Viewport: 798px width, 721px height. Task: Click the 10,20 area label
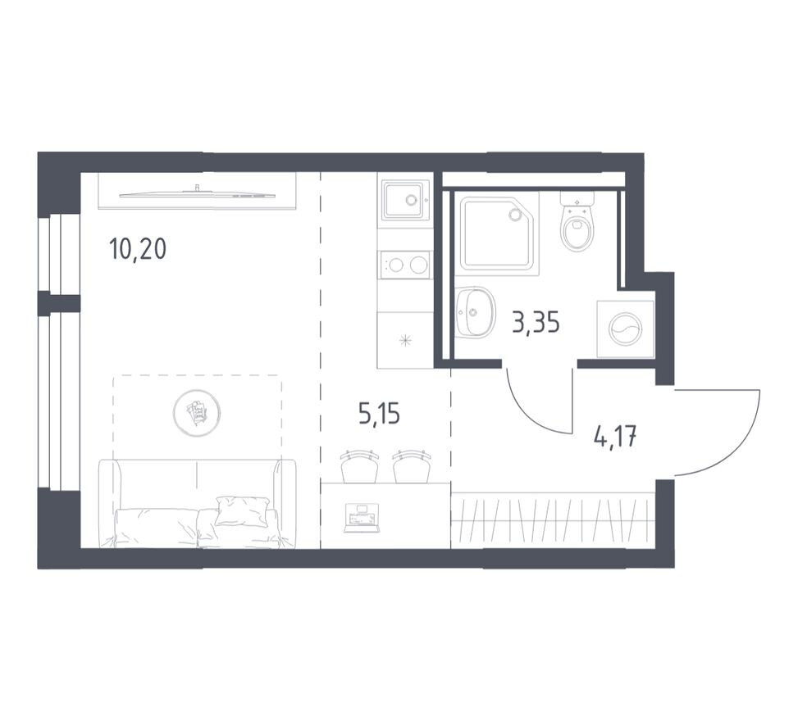tap(138, 247)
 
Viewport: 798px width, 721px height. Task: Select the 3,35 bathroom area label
tap(536, 323)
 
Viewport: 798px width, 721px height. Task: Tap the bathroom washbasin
tap(475, 312)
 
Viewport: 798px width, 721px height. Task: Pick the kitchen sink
tap(404, 199)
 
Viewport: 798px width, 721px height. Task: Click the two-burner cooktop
tap(405, 265)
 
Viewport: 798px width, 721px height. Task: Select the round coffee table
tap(197, 412)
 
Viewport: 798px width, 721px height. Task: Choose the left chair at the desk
tap(358, 467)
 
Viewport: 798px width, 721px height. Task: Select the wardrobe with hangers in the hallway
tap(552, 520)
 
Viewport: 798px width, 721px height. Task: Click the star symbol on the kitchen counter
tap(404, 341)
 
